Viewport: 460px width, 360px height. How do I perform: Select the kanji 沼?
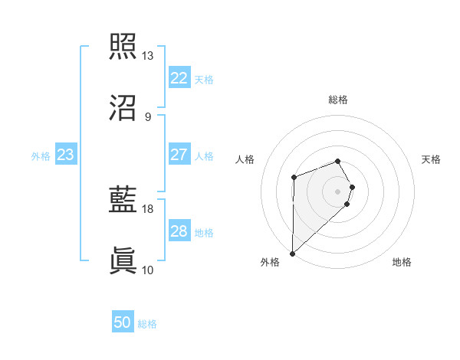pos(123,108)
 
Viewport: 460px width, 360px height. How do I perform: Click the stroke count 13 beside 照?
pos(148,56)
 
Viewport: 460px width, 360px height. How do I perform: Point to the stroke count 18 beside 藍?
pos(148,208)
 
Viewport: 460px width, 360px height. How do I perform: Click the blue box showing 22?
pos(179,78)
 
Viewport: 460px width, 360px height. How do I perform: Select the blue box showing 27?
pos(179,154)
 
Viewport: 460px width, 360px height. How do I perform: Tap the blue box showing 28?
pos(179,231)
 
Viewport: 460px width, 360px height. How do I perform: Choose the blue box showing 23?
pos(66,155)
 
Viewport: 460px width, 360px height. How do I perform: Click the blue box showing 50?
pos(123,323)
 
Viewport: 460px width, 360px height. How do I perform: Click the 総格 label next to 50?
pos(147,324)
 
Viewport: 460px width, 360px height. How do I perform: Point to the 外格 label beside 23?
pos(41,155)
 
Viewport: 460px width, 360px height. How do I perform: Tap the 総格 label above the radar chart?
pos(338,100)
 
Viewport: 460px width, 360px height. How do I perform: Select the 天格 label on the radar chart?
pos(432,159)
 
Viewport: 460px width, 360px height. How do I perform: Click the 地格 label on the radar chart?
pos(402,263)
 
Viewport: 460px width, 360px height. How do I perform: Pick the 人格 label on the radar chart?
pos(245,159)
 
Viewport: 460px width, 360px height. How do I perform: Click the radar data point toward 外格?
pos(292,253)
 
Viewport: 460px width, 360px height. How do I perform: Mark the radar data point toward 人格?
pos(294,178)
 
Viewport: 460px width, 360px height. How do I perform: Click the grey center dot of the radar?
pos(338,190)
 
